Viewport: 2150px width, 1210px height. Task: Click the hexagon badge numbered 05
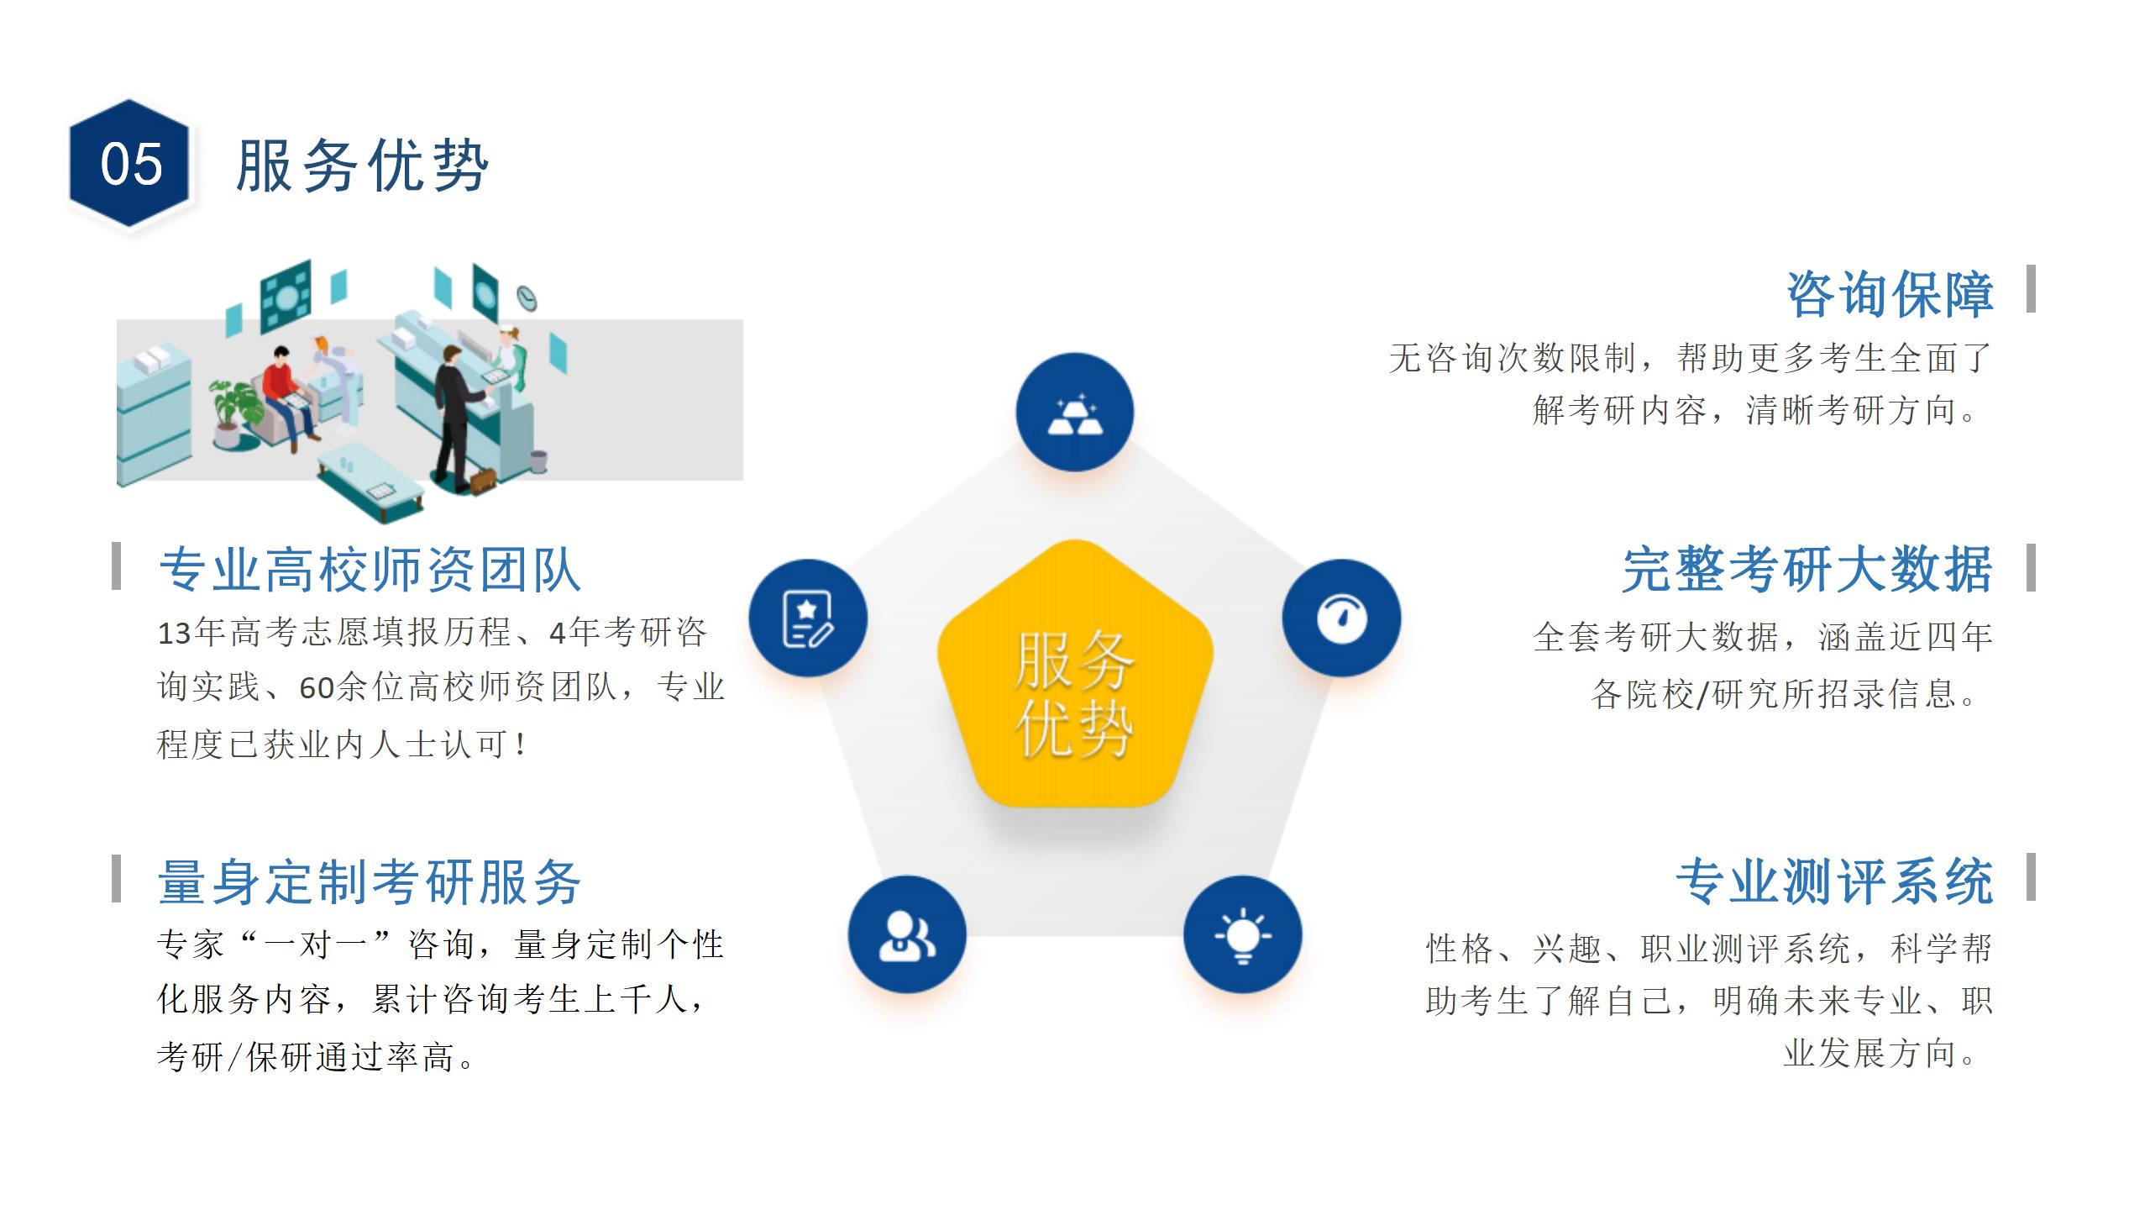pyautogui.click(x=129, y=163)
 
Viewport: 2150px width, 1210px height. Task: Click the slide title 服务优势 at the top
pyautogui.click(x=362, y=166)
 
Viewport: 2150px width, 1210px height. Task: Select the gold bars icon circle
pyautogui.click(x=1075, y=412)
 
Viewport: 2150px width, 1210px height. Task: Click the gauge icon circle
pyautogui.click(x=1341, y=618)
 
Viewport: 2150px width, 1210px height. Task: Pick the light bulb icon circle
pyautogui.click(x=1242, y=934)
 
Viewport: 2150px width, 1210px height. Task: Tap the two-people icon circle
pyautogui.click(x=907, y=934)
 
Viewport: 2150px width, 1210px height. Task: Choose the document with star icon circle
pyautogui.click(x=808, y=618)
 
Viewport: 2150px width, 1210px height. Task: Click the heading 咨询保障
pyautogui.click(x=1890, y=294)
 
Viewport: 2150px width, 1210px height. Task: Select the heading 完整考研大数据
pyautogui.click(x=1807, y=570)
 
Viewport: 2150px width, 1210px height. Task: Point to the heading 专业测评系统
pyautogui.click(x=1834, y=882)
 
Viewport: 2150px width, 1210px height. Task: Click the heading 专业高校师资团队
pyautogui.click(x=370, y=570)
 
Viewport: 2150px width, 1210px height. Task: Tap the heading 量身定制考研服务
pyautogui.click(x=370, y=882)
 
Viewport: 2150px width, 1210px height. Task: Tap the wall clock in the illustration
pyautogui.click(x=527, y=296)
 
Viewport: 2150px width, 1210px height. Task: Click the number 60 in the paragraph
pyautogui.click(x=317, y=688)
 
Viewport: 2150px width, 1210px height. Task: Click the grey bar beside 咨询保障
pyautogui.click(x=2031, y=288)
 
